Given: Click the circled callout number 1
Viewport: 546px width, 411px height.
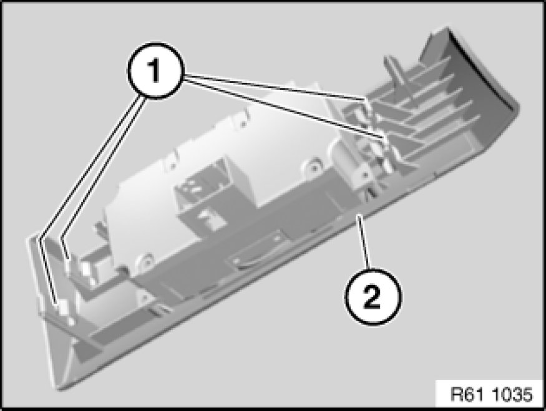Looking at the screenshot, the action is (x=154, y=71).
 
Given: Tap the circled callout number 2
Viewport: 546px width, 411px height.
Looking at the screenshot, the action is (x=373, y=296).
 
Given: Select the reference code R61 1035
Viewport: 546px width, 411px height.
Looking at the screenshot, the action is (x=491, y=395).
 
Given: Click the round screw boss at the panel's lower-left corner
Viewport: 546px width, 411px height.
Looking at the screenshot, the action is (x=145, y=260).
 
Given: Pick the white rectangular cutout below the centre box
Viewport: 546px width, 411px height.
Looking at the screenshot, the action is (x=212, y=220).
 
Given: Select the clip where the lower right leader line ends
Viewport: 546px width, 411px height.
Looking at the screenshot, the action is (x=385, y=141).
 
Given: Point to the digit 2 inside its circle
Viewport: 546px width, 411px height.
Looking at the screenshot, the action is (x=373, y=297).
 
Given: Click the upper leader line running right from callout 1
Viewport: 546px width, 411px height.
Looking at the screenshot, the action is (x=276, y=87).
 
